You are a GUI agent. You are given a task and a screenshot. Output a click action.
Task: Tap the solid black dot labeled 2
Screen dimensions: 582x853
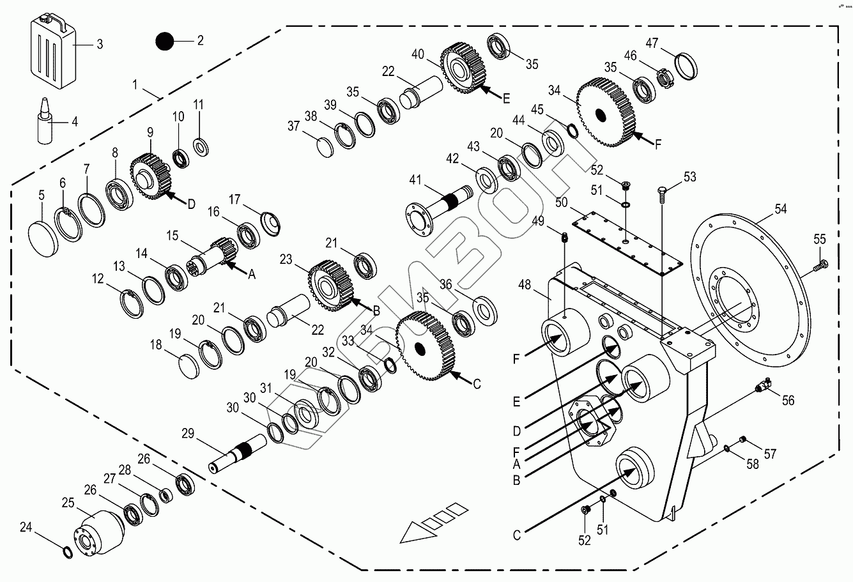point(164,42)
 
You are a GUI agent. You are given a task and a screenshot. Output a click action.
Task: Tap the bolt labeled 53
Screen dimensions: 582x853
point(662,192)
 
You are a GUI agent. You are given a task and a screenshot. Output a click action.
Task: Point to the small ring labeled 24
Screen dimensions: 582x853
point(66,551)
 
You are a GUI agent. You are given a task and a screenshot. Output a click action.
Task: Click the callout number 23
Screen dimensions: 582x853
point(286,260)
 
